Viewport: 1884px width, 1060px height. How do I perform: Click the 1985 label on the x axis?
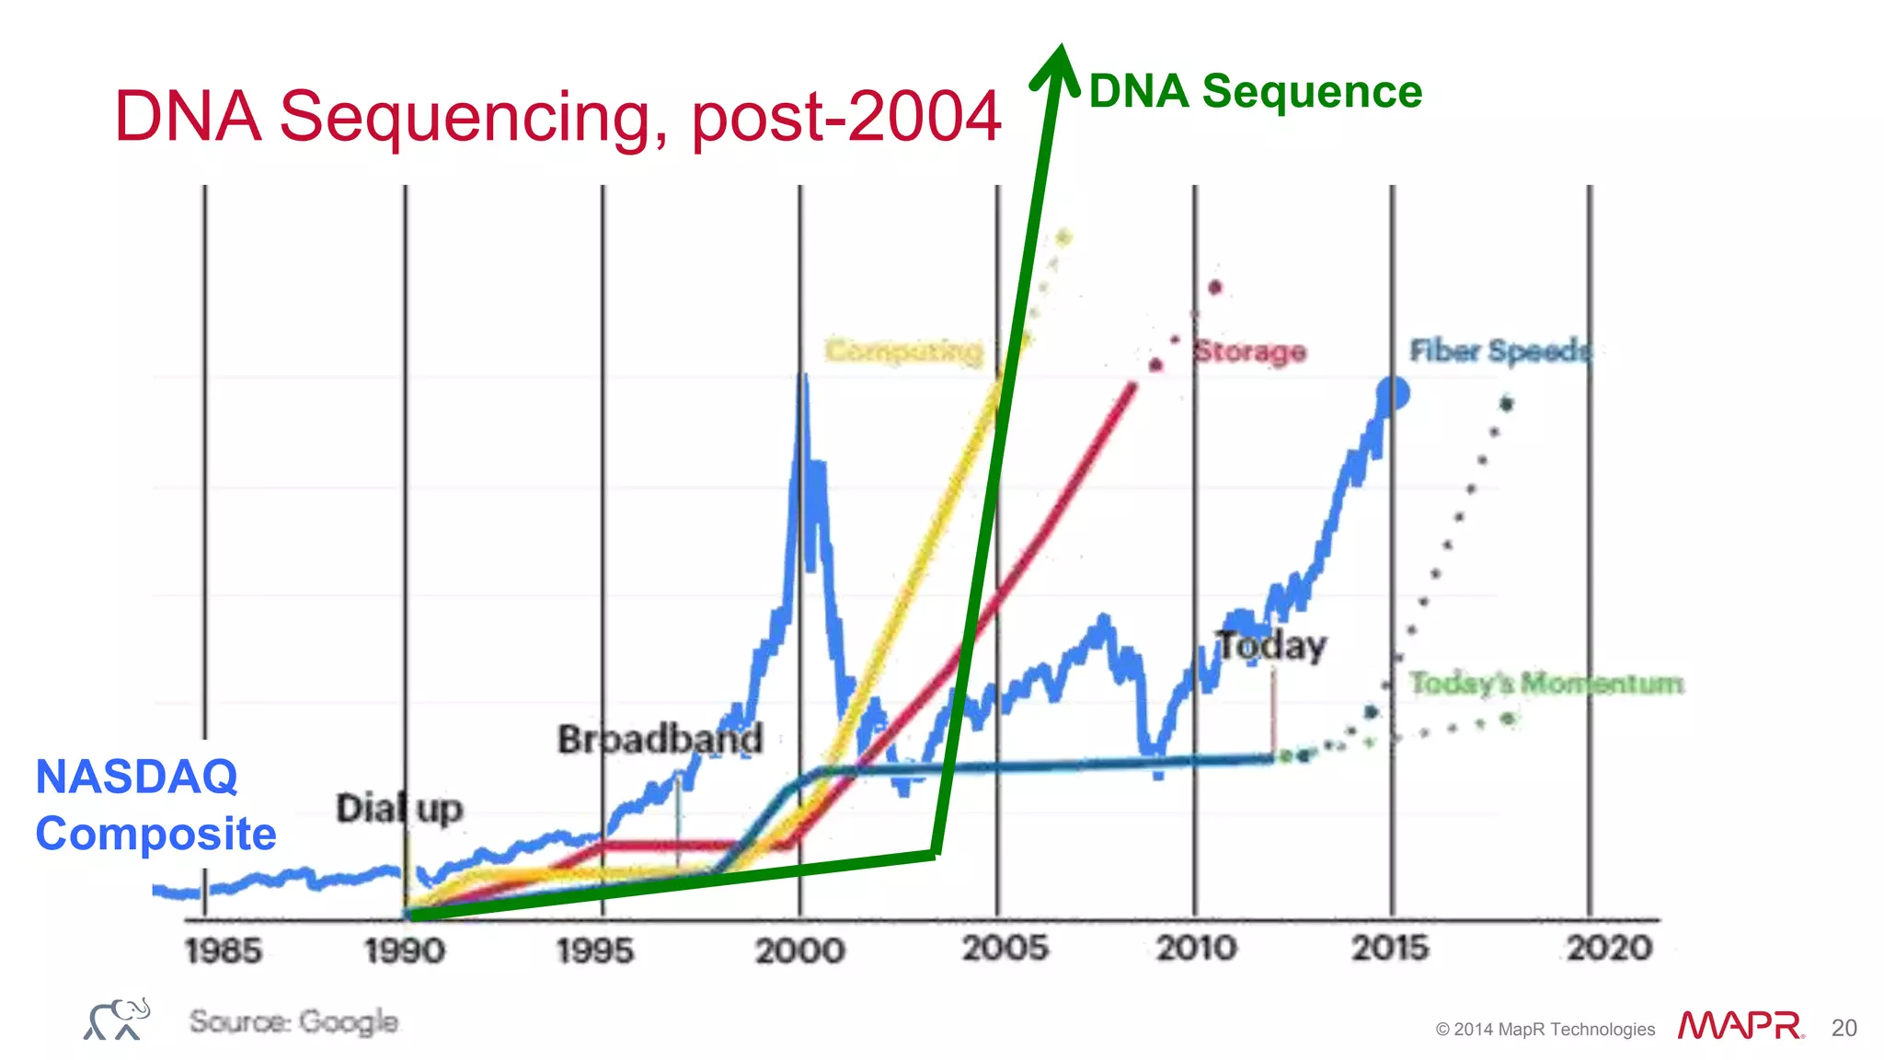click(x=223, y=951)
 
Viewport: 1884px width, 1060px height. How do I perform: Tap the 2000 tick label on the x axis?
click(x=799, y=951)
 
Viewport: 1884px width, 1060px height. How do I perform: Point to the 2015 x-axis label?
click(x=1389, y=948)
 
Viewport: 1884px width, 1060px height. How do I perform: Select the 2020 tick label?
click(x=1609, y=948)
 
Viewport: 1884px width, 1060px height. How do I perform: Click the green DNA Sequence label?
click(x=1255, y=92)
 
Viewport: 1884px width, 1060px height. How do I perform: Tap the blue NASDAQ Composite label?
click(x=155, y=805)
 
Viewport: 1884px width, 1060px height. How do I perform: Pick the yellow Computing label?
click(x=903, y=351)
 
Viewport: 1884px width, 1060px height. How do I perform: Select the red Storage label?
click(x=1249, y=351)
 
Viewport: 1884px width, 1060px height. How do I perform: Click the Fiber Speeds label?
click(x=1499, y=351)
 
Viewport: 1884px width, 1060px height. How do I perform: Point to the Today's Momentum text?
click(x=1545, y=684)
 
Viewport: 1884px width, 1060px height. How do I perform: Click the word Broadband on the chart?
click(x=660, y=739)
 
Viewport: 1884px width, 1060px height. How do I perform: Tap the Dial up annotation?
click(x=398, y=809)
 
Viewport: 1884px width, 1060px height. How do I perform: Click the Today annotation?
click(x=1271, y=646)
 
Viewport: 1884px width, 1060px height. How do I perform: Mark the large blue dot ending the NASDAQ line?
click(x=1392, y=394)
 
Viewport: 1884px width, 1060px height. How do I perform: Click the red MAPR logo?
click(x=1740, y=1025)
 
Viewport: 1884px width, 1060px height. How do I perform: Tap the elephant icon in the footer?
click(x=117, y=1020)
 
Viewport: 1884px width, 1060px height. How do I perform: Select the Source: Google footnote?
click(x=293, y=1021)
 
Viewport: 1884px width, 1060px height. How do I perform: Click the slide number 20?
click(x=1844, y=1028)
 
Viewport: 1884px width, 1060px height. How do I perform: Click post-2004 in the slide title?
click(x=845, y=118)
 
